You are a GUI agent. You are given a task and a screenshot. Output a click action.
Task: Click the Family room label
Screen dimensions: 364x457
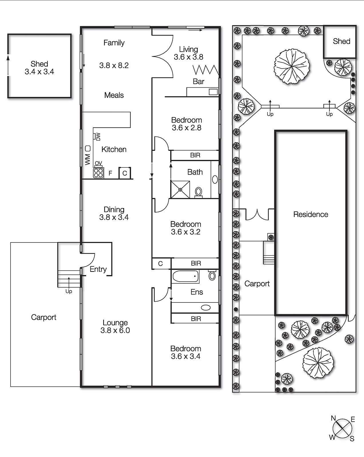click(x=114, y=43)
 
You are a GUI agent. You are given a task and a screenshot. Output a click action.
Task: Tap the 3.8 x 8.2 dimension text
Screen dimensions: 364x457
click(x=114, y=65)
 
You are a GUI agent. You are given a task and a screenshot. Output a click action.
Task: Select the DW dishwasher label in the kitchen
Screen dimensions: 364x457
click(x=98, y=137)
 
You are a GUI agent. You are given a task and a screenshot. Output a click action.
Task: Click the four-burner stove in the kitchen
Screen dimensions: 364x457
click(x=98, y=173)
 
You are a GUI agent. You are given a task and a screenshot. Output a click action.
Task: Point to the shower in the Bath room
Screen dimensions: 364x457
click(x=180, y=189)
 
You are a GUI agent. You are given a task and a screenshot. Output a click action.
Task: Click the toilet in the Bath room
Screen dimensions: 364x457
click(x=199, y=193)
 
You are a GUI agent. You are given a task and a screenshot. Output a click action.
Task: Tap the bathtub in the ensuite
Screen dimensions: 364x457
click(x=185, y=276)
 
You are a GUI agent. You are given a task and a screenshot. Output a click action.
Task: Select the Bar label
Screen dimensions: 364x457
click(x=199, y=81)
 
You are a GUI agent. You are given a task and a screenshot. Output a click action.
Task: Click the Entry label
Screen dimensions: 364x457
click(x=98, y=269)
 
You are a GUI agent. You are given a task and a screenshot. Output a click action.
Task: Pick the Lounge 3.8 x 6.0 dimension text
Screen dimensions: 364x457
click(x=115, y=330)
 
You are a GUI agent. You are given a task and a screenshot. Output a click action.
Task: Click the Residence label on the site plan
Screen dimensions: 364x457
click(x=310, y=215)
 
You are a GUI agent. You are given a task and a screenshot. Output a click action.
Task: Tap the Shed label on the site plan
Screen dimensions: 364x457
click(x=341, y=41)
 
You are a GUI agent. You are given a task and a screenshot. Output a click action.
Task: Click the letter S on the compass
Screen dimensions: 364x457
click(x=352, y=439)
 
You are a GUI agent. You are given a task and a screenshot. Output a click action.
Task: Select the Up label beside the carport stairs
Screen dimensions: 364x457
click(x=68, y=291)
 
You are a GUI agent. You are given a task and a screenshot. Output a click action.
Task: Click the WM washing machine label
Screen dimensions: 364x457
click(x=88, y=159)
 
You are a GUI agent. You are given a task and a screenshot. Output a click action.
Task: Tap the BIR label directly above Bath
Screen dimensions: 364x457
click(x=195, y=155)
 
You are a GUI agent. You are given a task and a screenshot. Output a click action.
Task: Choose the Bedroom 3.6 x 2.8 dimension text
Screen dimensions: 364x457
click(x=187, y=128)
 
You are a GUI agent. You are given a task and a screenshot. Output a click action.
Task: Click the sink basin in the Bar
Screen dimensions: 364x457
click(x=213, y=92)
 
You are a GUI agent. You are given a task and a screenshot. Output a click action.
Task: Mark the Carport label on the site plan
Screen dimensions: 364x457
click(x=257, y=284)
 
